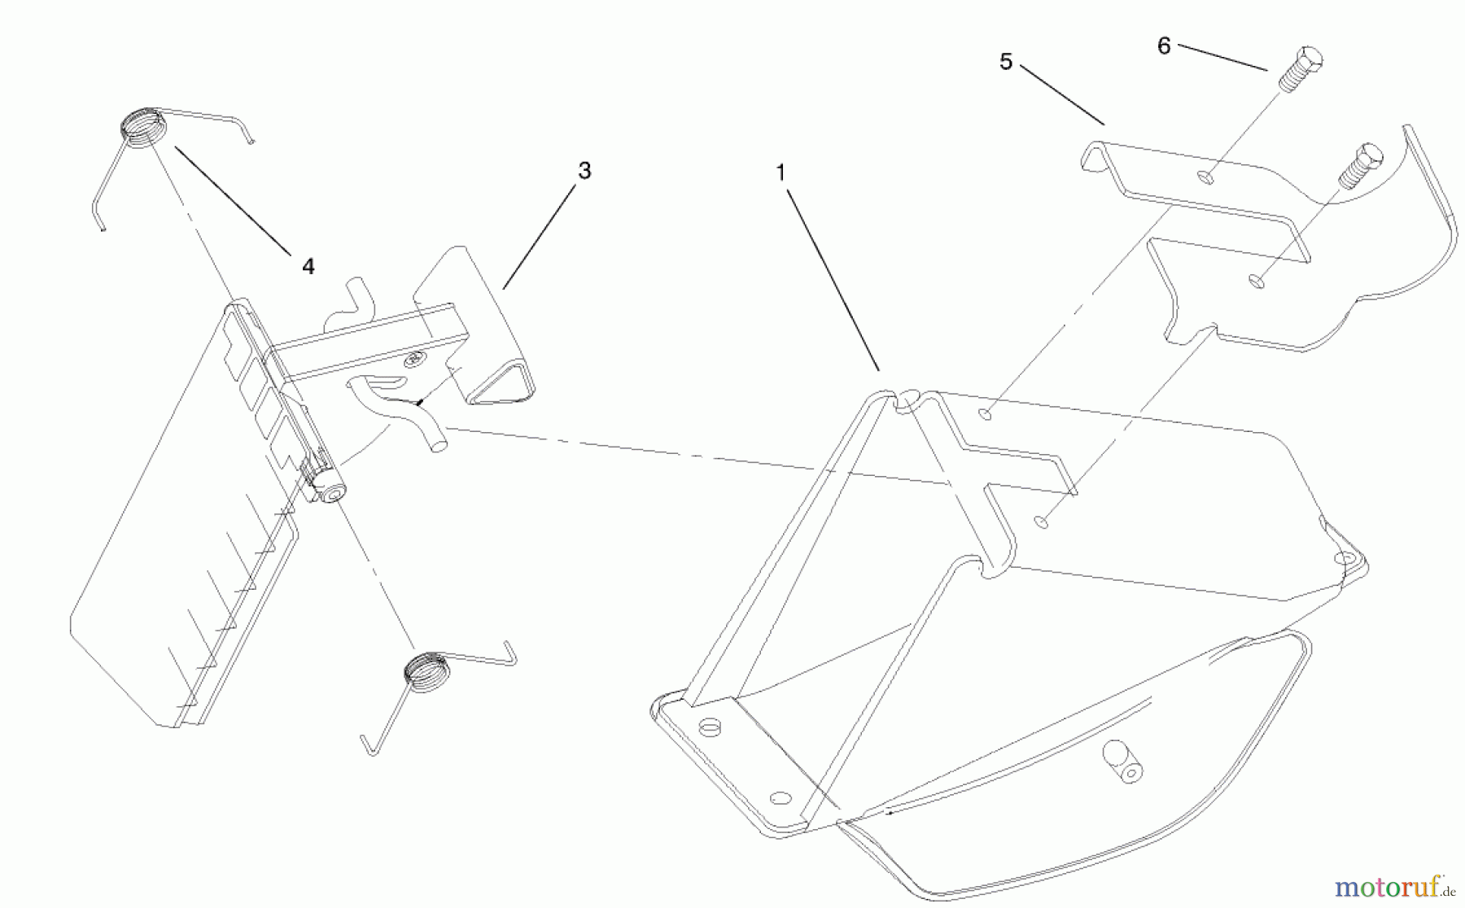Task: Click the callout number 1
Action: (781, 172)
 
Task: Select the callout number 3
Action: (584, 171)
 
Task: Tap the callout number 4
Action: (308, 266)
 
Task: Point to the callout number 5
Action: (1006, 62)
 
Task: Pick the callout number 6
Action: (1164, 46)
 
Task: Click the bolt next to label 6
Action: (1301, 68)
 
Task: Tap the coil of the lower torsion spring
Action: (426, 672)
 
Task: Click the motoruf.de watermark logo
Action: (1394, 885)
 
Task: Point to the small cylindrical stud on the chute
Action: (1123, 762)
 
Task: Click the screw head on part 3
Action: (415, 359)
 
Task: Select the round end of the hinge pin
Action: (333, 493)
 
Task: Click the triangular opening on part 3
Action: (503, 383)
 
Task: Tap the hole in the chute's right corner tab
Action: (1342, 559)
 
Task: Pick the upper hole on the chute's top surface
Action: (986, 415)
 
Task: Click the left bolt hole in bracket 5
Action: (1207, 177)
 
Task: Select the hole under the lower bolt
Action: (1257, 282)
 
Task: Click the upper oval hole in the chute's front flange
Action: (711, 726)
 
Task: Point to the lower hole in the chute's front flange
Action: (780, 797)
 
